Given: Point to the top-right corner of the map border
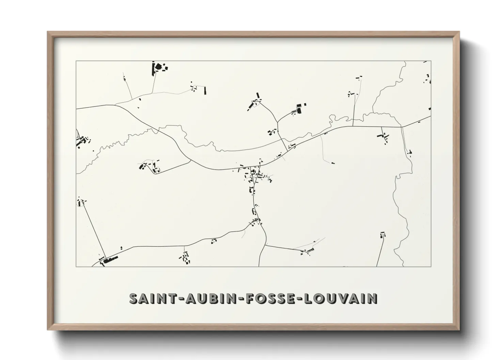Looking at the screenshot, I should pos(431,61).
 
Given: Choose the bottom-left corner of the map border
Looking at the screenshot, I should pos(76,266).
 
